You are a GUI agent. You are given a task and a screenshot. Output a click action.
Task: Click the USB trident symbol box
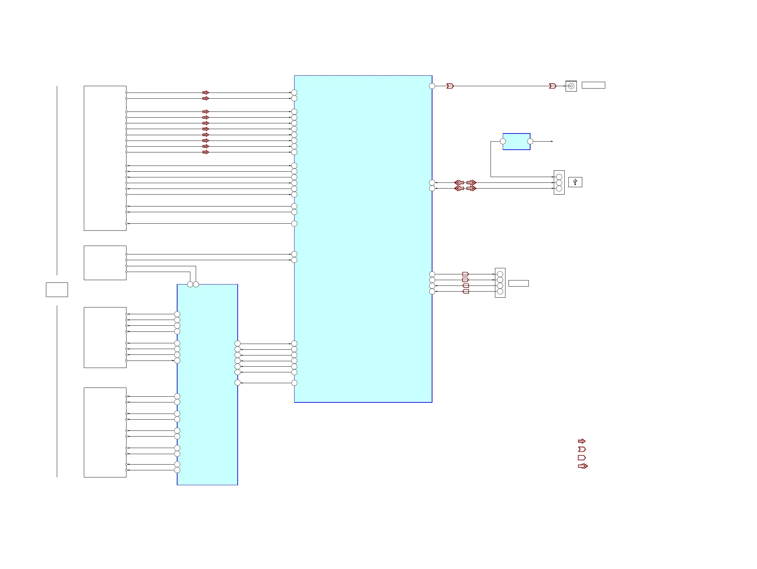coord(575,182)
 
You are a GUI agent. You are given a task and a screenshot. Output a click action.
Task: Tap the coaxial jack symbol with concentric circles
coord(571,86)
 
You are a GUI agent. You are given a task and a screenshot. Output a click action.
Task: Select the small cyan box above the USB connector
coord(516,142)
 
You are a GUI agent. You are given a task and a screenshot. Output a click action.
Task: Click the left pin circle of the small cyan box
coord(503,141)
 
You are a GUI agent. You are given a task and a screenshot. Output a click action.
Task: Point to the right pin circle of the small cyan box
coord(530,141)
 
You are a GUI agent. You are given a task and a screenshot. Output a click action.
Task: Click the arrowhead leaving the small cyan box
coord(552,141)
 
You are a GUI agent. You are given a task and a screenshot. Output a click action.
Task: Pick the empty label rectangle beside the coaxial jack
coord(593,85)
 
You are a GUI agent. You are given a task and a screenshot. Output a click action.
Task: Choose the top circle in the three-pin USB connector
coord(559,177)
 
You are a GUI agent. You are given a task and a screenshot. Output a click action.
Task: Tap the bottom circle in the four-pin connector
coord(500,291)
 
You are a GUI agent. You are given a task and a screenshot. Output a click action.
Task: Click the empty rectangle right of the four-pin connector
coord(518,283)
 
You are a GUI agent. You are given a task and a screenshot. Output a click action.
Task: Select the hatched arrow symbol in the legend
coord(582,441)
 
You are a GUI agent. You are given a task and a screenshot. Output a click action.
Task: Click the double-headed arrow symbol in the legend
coord(583,466)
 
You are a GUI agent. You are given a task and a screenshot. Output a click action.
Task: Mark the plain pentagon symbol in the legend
coord(582,457)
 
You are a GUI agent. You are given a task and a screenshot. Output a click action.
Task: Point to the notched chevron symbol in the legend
coord(582,449)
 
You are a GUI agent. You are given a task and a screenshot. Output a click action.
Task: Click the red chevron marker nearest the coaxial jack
coord(552,86)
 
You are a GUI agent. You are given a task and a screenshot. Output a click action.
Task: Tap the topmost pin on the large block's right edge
coord(432,86)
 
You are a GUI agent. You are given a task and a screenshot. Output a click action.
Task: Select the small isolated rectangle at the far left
coord(57,290)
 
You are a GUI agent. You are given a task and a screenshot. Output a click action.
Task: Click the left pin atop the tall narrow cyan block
coord(190,284)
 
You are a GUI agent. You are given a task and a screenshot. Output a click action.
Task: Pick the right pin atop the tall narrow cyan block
coord(196,284)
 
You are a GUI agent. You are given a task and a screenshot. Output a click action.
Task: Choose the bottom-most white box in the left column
coord(105,432)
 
